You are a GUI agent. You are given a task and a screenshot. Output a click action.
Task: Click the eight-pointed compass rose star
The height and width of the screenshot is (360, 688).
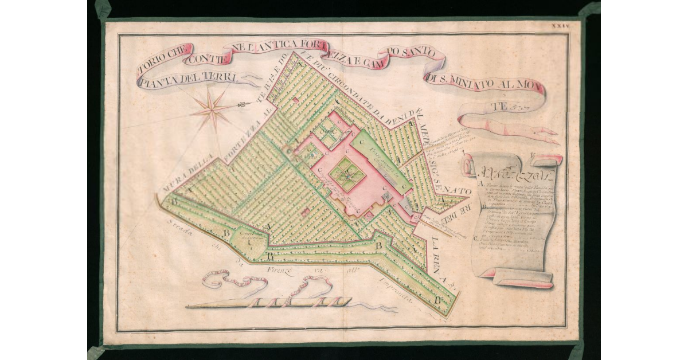(213, 108)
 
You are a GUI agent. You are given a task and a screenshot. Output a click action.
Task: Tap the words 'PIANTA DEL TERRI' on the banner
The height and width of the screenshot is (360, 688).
(187, 79)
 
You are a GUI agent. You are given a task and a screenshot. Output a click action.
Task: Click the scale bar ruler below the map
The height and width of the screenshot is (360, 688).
(269, 302)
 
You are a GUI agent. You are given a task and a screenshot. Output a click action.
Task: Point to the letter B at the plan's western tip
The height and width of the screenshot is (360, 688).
(172, 202)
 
